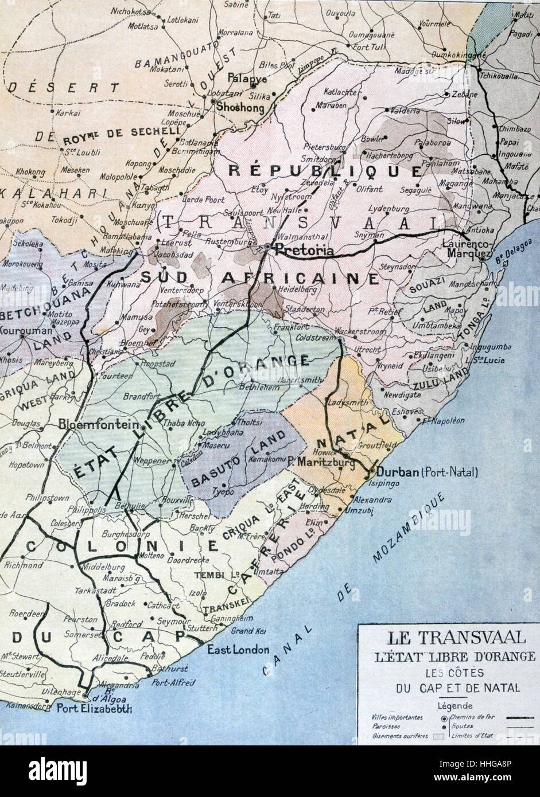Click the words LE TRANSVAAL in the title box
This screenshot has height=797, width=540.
pyautogui.click(x=449, y=638)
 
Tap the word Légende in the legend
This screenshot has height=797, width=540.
pyautogui.click(x=454, y=706)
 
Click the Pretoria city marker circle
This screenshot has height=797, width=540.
pyautogui.click(x=268, y=247)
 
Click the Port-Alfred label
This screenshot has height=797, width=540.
pyautogui.click(x=174, y=682)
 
